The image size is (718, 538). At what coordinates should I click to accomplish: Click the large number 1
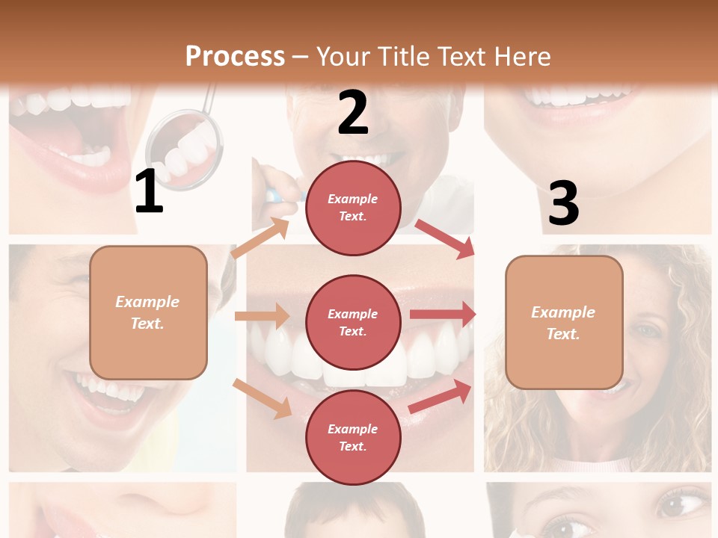coord(149,193)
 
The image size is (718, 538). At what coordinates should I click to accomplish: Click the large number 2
coord(353,113)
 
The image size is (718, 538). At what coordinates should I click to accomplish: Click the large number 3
coord(564,203)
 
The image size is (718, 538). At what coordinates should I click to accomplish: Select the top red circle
coord(353,207)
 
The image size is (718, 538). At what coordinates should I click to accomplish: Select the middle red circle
coord(353,322)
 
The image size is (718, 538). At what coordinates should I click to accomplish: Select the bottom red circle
coord(353,437)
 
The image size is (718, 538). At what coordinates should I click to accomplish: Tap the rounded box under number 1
coord(148,312)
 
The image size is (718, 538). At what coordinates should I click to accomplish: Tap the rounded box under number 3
coord(564,322)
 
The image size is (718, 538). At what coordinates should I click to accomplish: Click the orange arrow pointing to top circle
coord(260,238)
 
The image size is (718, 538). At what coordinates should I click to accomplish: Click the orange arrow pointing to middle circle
coord(262,316)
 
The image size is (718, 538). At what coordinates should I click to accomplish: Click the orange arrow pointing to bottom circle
coord(263,398)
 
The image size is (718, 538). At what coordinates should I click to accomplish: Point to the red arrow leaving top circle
coord(446,238)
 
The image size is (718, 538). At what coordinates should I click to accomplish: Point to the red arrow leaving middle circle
coord(442,314)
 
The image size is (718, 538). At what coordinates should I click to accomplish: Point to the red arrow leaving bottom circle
coord(441,396)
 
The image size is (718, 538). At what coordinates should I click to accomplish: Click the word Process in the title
coord(235,56)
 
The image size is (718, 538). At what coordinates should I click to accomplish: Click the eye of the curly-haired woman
coord(645,329)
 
